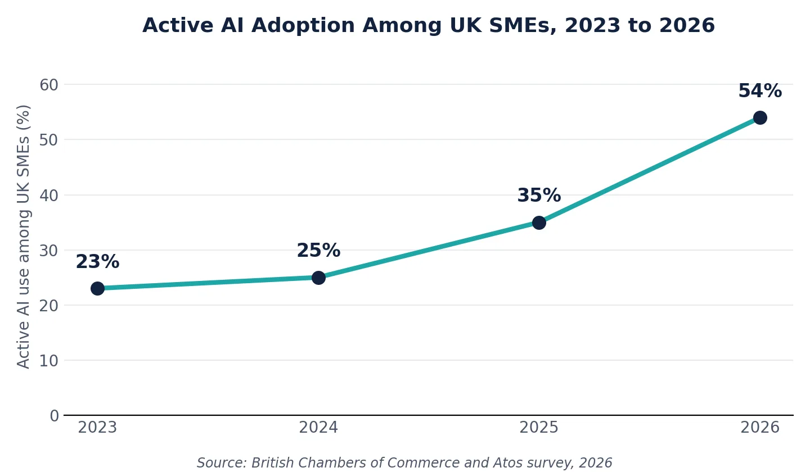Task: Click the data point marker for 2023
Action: click(97, 289)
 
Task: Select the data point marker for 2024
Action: click(318, 278)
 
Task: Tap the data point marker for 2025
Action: click(539, 223)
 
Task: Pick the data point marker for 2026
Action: click(760, 118)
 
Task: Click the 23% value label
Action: click(97, 261)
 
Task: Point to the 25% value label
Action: click(318, 250)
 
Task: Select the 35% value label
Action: click(539, 196)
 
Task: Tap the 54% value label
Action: click(760, 90)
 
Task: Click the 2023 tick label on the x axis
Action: click(97, 428)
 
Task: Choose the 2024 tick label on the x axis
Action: click(318, 428)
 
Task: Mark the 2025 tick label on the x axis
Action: click(539, 428)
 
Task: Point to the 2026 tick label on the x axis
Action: click(760, 428)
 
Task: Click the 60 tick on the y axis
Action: click(49, 85)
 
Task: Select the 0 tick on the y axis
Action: click(54, 416)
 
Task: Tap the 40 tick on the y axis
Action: click(49, 196)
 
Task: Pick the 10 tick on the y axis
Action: click(49, 361)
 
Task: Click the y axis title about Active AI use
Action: click(24, 237)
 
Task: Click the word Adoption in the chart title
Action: click(303, 26)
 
